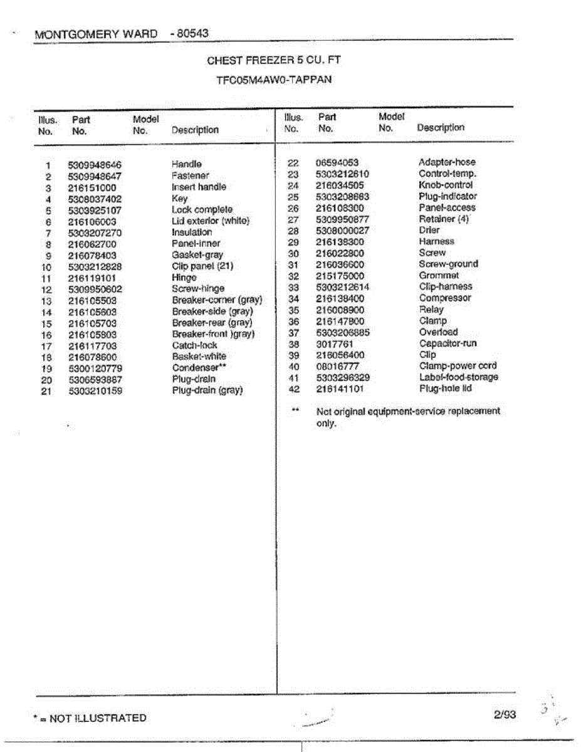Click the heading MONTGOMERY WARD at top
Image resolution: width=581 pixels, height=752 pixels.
(x=96, y=33)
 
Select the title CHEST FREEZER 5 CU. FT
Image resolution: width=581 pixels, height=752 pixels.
(x=274, y=61)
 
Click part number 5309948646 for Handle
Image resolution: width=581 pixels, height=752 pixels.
(x=95, y=165)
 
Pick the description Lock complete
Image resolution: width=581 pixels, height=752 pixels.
(x=202, y=210)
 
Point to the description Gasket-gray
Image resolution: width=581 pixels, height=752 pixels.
(x=197, y=256)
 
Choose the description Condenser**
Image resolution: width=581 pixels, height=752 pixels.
(x=199, y=368)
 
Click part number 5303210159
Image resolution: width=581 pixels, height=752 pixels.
(x=95, y=391)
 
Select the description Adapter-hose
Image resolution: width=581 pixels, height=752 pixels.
(x=447, y=162)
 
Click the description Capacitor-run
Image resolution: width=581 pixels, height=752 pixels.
(x=448, y=343)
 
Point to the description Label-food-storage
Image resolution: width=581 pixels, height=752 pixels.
(x=459, y=377)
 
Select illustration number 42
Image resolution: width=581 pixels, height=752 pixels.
(x=294, y=389)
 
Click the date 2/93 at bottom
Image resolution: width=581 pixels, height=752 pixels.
(x=505, y=714)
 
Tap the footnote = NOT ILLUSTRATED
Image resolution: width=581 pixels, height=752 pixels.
(x=94, y=718)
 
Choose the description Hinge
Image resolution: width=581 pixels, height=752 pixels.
(x=184, y=278)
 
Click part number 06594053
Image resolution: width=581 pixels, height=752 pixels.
(x=337, y=163)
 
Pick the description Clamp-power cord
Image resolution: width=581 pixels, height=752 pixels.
(x=458, y=366)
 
